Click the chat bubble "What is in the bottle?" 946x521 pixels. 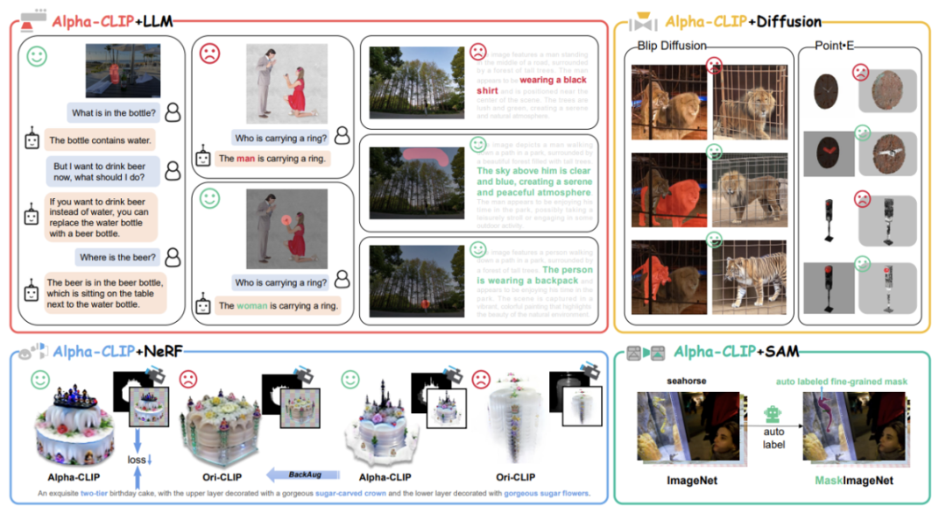(x=114, y=112)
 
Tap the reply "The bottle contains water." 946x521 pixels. (x=101, y=139)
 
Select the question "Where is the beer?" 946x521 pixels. (x=118, y=257)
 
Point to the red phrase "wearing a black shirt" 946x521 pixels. (x=530, y=85)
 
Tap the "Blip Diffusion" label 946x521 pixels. (x=672, y=46)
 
